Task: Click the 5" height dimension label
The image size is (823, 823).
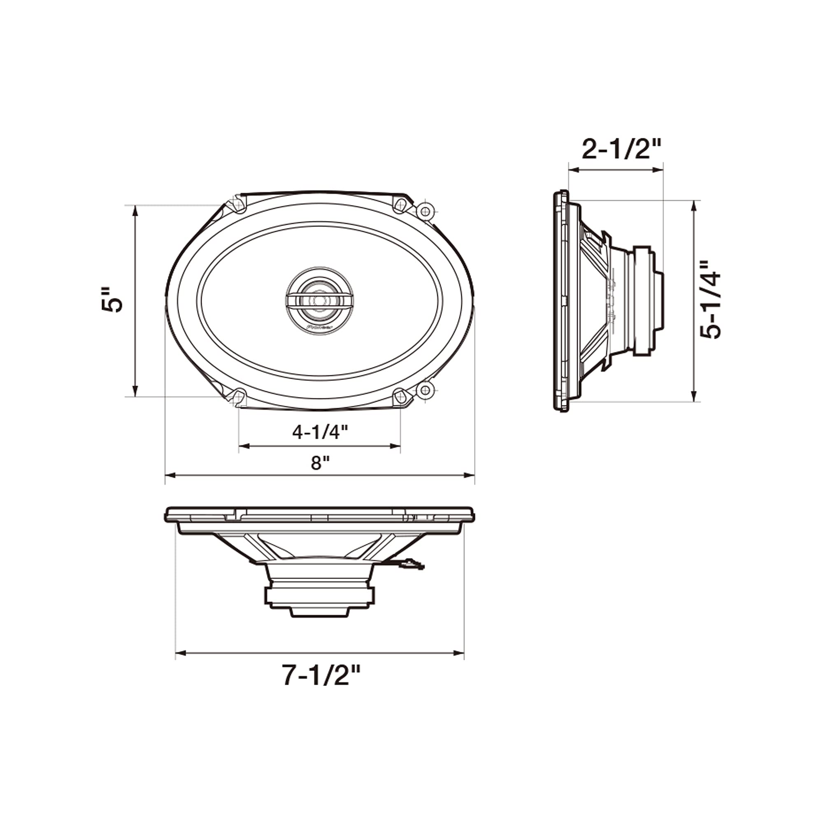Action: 112,300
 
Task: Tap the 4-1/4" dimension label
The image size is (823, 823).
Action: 320,432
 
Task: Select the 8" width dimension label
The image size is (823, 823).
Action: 320,463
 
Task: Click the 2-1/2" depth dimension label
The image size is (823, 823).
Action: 621,149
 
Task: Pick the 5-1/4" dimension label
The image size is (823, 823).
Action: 711,300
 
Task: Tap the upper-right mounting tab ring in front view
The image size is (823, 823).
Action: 425,211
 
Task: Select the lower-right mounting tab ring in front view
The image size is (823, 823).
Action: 425,389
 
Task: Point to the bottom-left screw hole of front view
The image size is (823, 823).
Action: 239,397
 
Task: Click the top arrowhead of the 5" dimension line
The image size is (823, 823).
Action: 135,209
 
